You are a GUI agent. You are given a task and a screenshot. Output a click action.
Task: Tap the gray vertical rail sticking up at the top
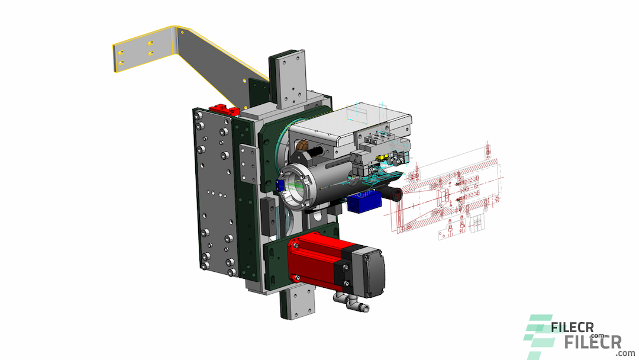289,80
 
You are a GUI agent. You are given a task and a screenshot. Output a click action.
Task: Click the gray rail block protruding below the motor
302,305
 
